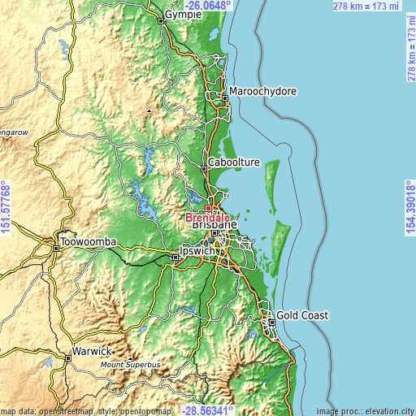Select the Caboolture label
[x=234, y=162]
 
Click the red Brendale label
[x=207, y=218]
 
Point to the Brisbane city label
[x=214, y=228]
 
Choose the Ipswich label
[x=198, y=251]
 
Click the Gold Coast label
[x=303, y=314]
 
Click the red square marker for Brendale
[x=208, y=208]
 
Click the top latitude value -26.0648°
[x=207, y=5]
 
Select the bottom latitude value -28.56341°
[x=207, y=410]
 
